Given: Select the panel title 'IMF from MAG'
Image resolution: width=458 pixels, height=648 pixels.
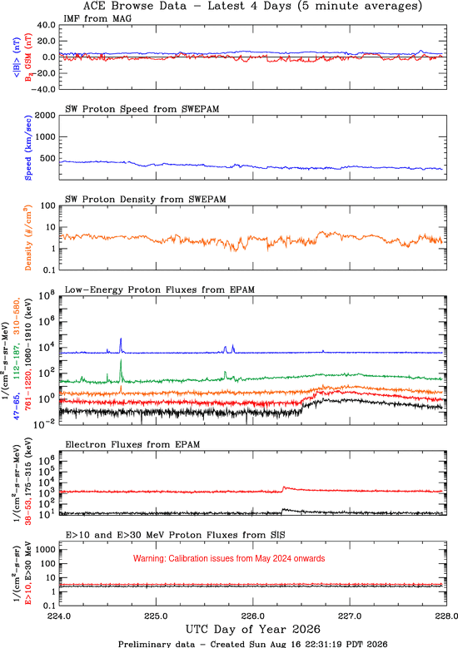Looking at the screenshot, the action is pos(97,18).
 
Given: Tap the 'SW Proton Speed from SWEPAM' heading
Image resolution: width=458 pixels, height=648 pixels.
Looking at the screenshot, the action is pos(142,109).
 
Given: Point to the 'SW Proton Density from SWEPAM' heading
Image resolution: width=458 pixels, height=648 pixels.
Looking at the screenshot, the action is pos(145,199).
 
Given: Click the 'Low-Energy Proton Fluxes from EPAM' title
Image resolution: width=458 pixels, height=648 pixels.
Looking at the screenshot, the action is pos(159,289).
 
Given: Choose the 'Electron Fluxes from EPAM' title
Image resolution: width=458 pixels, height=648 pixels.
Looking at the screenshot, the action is pos(132,445).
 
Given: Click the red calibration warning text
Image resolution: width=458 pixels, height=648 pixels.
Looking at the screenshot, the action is pos(229,558).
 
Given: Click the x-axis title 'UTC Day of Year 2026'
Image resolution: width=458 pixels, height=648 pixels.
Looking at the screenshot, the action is pos(253,630).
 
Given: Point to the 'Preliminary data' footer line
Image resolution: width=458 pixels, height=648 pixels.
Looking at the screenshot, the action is pos(253,644).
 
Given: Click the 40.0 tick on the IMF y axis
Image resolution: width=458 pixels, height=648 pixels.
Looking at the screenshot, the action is pos(46,25).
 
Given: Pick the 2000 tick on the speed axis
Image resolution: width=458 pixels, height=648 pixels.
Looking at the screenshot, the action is pos(45,116).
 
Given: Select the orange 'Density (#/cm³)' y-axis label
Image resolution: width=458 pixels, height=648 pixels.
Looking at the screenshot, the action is pos(28,238).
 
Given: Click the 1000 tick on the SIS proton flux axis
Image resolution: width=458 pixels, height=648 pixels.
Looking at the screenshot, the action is pos(47,550).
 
